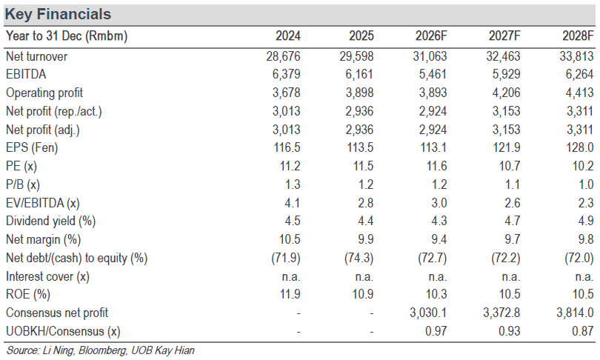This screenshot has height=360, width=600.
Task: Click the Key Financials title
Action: (x=58, y=14)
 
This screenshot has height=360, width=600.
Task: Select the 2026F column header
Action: (x=431, y=36)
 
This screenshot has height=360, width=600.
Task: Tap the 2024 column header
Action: (x=288, y=36)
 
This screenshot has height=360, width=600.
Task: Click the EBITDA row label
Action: (x=26, y=74)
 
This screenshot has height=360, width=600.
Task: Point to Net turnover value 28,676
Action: (x=284, y=56)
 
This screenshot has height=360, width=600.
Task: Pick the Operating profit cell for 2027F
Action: (x=506, y=93)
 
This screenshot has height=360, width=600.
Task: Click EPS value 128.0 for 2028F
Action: (x=580, y=147)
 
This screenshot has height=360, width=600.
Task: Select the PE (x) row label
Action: (x=21, y=166)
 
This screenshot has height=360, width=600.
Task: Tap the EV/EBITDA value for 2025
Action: (x=365, y=203)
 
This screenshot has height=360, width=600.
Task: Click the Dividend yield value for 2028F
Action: (x=586, y=221)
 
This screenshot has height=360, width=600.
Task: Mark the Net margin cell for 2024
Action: (x=290, y=239)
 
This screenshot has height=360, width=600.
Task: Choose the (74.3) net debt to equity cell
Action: (x=359, y=258)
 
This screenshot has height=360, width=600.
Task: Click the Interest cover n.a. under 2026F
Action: (x=437, y=276)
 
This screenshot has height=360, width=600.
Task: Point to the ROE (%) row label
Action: (x=28, y=294)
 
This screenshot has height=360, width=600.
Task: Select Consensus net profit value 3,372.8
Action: (x=501, y=313)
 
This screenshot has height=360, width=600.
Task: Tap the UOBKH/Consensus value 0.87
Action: (x=582, y=331)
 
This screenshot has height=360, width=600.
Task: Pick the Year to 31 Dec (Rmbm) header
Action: (x=67, y=36)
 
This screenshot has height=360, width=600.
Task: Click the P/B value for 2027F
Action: (x=513, y=184)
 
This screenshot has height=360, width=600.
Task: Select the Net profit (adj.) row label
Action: (x=43, y=130)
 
